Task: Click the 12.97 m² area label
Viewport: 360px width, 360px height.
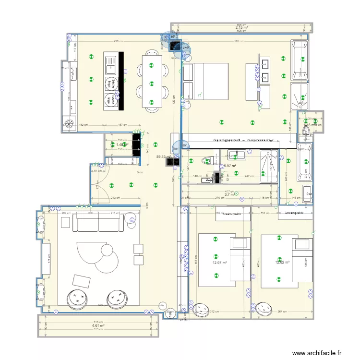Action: pyautogui.click(x=219, y=263)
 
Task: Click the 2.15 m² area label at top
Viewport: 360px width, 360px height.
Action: pyautogui.click(x=241, y=28)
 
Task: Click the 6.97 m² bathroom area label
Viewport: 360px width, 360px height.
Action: pyautogui.click(x=231, y=166)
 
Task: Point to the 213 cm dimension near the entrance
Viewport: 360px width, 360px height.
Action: pyautogui.click(x=115, y=197)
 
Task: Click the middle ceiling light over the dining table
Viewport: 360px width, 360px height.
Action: pyautogui.click(x=152, y=80)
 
